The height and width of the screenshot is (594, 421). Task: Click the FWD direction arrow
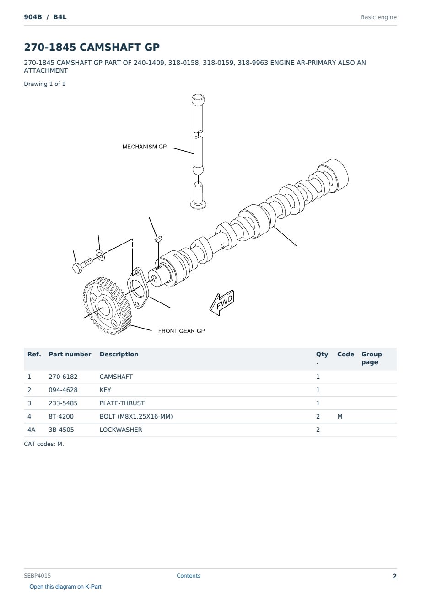click(222, 303)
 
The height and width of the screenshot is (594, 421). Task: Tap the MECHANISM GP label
click(145, 147)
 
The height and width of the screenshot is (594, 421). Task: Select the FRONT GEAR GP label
click(181, 331)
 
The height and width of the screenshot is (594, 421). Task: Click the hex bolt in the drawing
click(82, 266)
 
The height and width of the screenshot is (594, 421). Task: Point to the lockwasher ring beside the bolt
click(100, 255)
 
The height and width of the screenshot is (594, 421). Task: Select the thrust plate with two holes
click(138, 288)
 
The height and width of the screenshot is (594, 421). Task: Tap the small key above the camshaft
click(158, 239)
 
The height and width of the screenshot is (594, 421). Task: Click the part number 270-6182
click(63, 377)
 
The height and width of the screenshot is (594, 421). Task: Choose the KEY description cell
click(105, 390)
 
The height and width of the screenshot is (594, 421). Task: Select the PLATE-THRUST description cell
click(122, 403)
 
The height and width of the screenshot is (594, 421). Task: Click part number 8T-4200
click(61, 416)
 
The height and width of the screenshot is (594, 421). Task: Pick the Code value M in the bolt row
click(340, 416)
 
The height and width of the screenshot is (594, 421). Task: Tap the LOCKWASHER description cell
click(121, 430)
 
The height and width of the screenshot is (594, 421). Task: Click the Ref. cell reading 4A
click(31, 430)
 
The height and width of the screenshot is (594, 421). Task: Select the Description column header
click(119, 354)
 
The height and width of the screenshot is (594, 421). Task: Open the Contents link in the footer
click(189, 575)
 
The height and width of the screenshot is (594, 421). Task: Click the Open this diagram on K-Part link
click(65, 587)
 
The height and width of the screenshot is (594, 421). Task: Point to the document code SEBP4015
click(37, 575)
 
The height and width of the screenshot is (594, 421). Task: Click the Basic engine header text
click(378, 17)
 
